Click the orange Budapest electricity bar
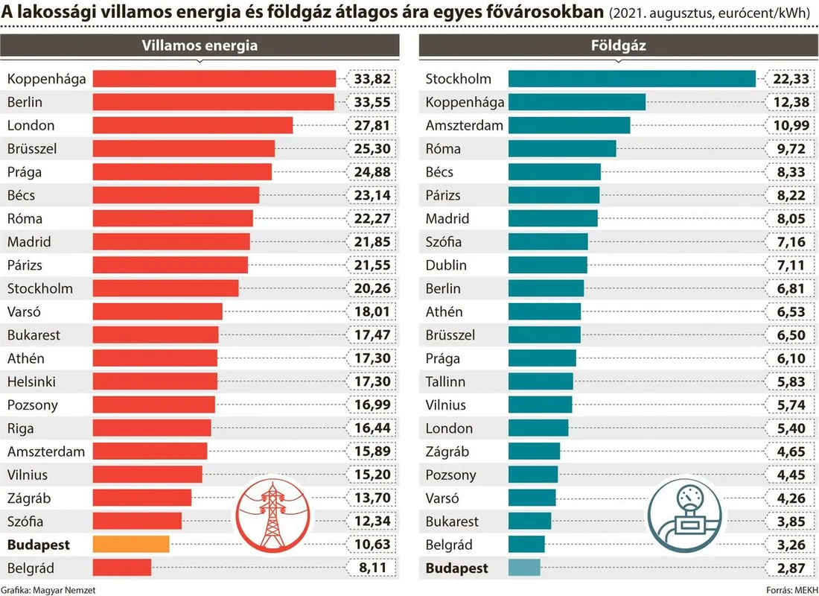[x=131, y=545]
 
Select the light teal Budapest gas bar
[x=524, y=568]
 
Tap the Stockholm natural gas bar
[x=631, y=79]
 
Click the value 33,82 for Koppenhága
[x=372, y=79]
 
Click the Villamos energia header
[x=200, y=45]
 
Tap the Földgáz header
[x=618, y=45]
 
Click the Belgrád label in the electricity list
[x=31, y=568]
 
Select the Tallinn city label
[x=445, y=381]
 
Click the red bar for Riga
[x=152, y=428]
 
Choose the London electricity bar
[x=193, y=125]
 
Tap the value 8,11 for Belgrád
[x=372, y=568]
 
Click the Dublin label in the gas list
[x=446, y=265]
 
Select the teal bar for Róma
[x=562, y=149]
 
